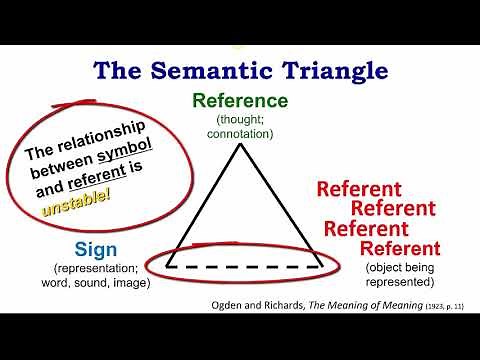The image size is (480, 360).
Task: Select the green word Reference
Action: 240,102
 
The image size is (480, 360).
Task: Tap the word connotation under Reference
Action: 240,133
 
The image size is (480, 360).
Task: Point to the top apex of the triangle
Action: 240,146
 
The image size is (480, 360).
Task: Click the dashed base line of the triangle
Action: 245,265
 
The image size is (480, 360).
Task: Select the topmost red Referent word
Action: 358,189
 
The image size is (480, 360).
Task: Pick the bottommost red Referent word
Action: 400,248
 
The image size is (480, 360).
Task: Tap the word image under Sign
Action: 133,283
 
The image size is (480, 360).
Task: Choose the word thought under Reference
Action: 240,120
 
